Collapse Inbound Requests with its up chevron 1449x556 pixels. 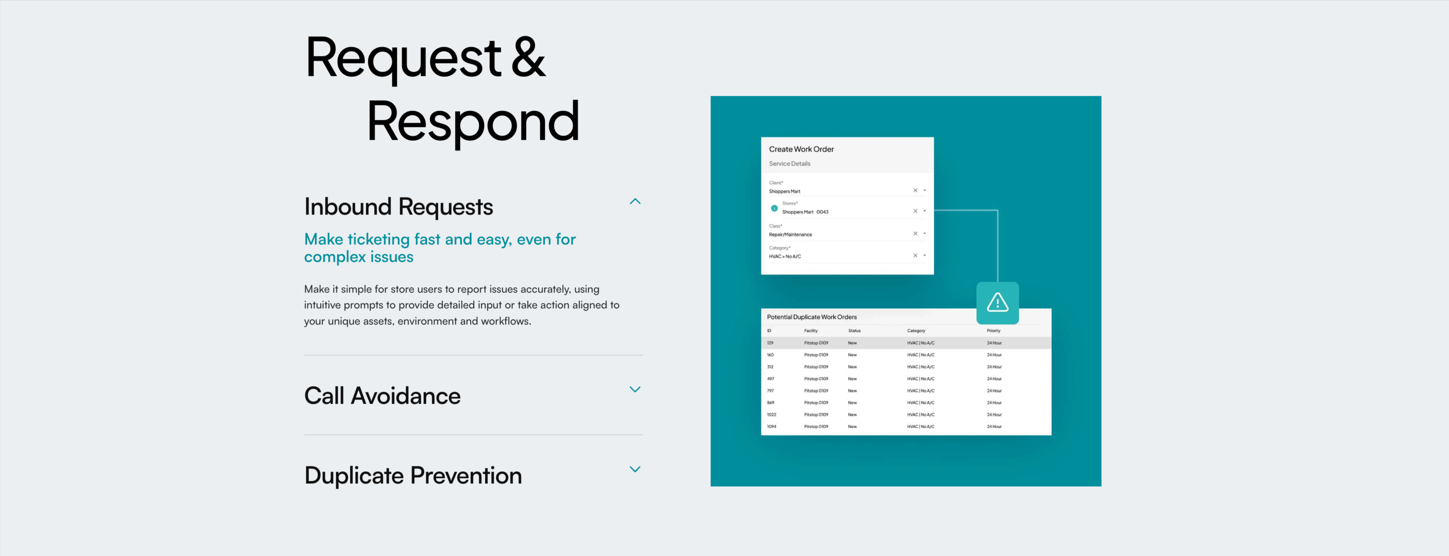tap(635, 201)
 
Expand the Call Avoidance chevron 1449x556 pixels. tap(635, 389)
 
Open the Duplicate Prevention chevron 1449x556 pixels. tap(635, 469)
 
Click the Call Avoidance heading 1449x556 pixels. tap(382, 396)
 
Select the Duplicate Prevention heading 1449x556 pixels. tap(413, 476)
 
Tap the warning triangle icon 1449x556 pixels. tap(997, 302)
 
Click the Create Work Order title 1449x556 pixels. tap(801, 149)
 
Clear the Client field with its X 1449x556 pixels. tap(915, 190)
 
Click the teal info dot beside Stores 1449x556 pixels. tap(774, 208)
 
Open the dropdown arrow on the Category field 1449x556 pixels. tap(924, 256)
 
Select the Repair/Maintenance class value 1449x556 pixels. tap(790, 234)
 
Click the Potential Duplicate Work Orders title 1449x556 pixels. tap(812, 317)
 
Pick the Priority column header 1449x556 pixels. tap(993, 331)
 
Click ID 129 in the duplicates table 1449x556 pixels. tap(770, 343)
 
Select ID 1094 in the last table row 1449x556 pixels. tap(771, 427)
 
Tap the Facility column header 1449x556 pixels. tap(811, 331)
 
